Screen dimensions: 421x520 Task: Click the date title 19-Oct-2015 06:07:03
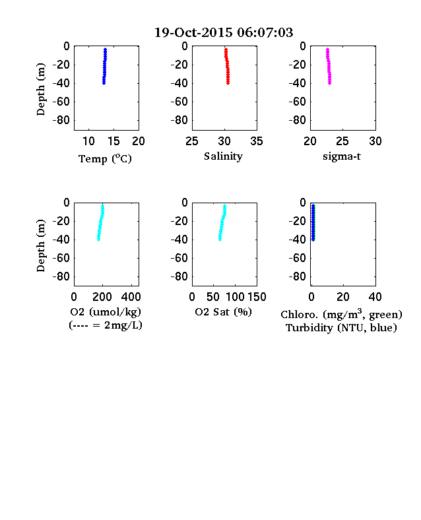pos(224,32)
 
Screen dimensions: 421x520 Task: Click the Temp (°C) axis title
pos(105,159)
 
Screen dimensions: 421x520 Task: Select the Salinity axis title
pos(223,156)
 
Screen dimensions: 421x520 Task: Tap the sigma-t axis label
pos(342,156)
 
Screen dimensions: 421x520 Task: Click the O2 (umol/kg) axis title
pos(106,312)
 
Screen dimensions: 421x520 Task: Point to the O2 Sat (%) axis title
pos(224,312)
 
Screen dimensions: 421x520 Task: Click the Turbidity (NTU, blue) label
pos(341,328)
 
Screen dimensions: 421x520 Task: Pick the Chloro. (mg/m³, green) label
pos(341,314)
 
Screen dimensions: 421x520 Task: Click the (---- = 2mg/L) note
pos(106,325)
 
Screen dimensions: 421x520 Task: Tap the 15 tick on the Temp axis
pos(113,141)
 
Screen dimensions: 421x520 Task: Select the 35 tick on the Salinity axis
pos(257,141)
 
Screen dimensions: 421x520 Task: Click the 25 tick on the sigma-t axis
pos(342,141)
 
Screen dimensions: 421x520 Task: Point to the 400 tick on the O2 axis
pos(131,297)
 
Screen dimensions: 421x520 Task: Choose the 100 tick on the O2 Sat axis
pos(235,297)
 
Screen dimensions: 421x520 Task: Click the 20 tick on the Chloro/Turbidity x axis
pos(342,297)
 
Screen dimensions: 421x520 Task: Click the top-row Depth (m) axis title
pos(40,89)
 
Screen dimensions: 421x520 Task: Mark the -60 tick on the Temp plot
pos(61,102)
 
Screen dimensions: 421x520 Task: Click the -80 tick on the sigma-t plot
pos(298,120)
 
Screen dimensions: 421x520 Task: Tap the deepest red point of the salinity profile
pos(228,83)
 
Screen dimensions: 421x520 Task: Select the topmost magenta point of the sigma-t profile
pos(327,49)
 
